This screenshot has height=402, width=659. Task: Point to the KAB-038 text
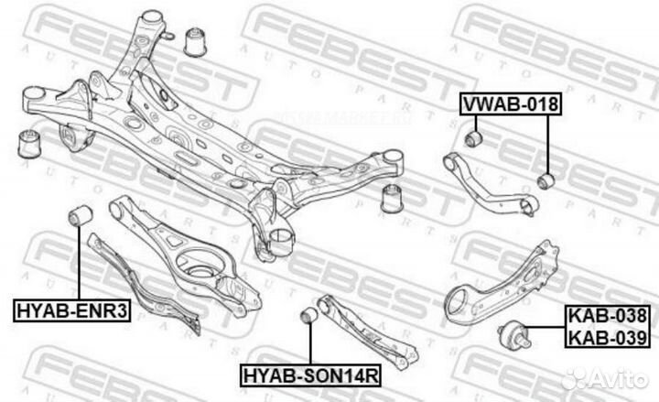point(608,317)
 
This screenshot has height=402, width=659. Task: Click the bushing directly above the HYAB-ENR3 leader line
point(78,217)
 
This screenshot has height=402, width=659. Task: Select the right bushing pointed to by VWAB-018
point(546,179)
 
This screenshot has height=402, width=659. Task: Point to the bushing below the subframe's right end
point(393,198)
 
